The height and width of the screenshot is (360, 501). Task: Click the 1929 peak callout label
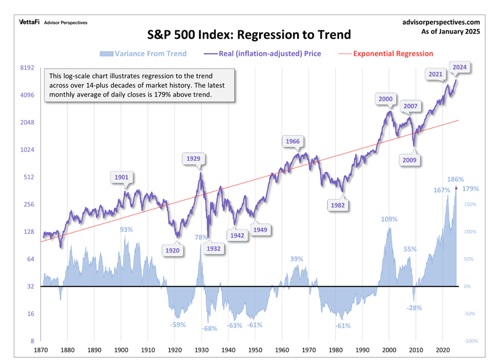pos(194,158)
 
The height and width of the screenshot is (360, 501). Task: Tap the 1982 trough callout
pos(338,205)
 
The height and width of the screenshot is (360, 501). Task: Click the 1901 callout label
pos(122,177)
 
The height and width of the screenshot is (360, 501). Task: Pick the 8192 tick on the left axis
pos(27,68)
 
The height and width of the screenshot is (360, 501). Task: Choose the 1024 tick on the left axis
pos(27,150)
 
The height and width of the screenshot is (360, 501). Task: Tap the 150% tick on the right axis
pos(470,205)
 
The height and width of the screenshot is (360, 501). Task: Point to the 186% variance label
pos(455,179)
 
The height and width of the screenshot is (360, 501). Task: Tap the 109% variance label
pos(389,219)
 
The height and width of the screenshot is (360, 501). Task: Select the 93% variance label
pos(126,230)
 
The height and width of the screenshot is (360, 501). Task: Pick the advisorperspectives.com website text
pos(440,22)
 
